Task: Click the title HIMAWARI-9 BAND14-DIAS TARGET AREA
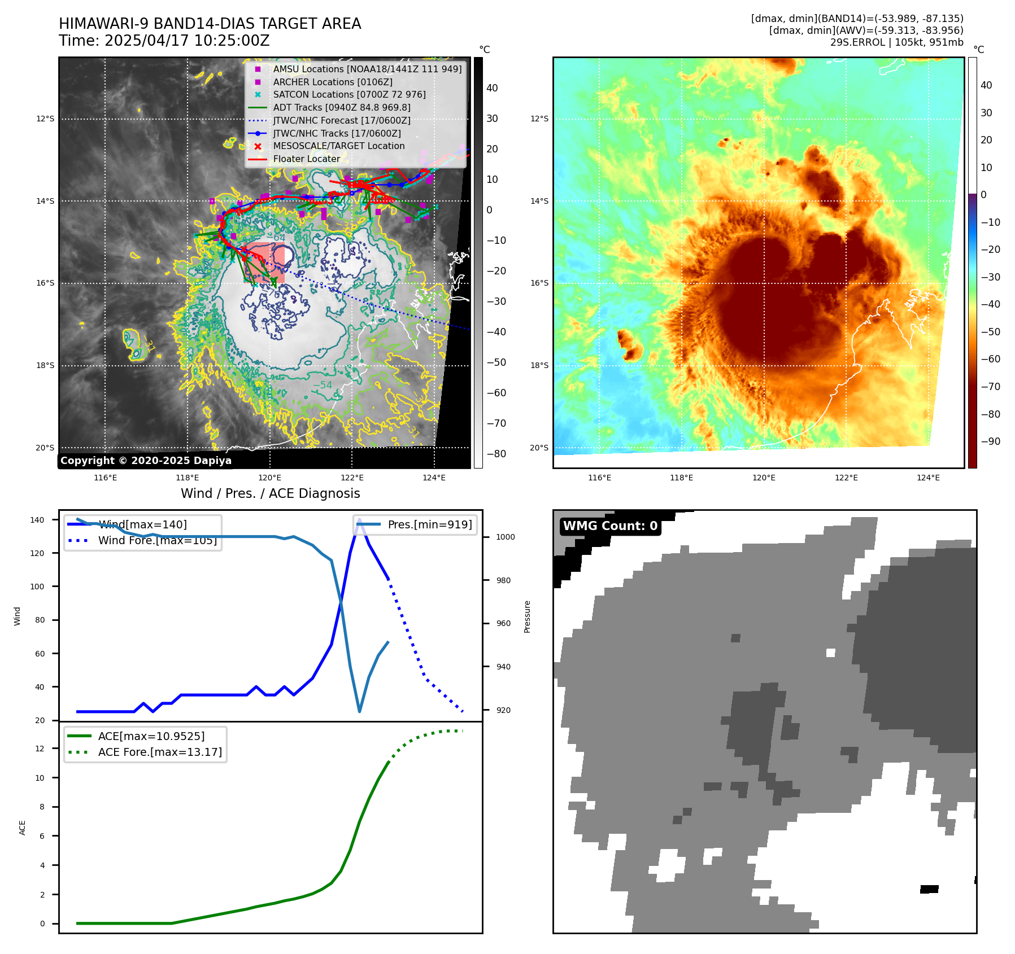(x=210, y=24)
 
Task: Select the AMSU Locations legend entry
(x=367, y=69)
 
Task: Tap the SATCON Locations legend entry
(x=349, y=94)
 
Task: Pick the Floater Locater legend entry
(x=306, y=159)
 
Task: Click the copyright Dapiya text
(x=146, y=461)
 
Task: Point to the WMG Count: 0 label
(x=610, y=526)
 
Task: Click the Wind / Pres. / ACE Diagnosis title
(x=270, y=493)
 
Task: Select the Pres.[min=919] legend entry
(x=429, y=524)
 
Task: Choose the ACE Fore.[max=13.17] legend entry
(x=160, y=752)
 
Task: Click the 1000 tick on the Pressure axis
(x=505, y=537)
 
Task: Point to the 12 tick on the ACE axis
(x=40, y=749)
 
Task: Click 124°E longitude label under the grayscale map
(x=434, y=478)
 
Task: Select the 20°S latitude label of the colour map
(x=539, y=448)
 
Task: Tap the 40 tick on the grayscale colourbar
(x=492, y=88)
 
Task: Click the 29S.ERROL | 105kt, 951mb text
(x=896, y=42)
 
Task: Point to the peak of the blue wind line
(x=359, y=519)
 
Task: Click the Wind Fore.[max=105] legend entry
(x=157, y=540)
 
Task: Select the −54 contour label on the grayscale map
(x=323, y=385)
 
